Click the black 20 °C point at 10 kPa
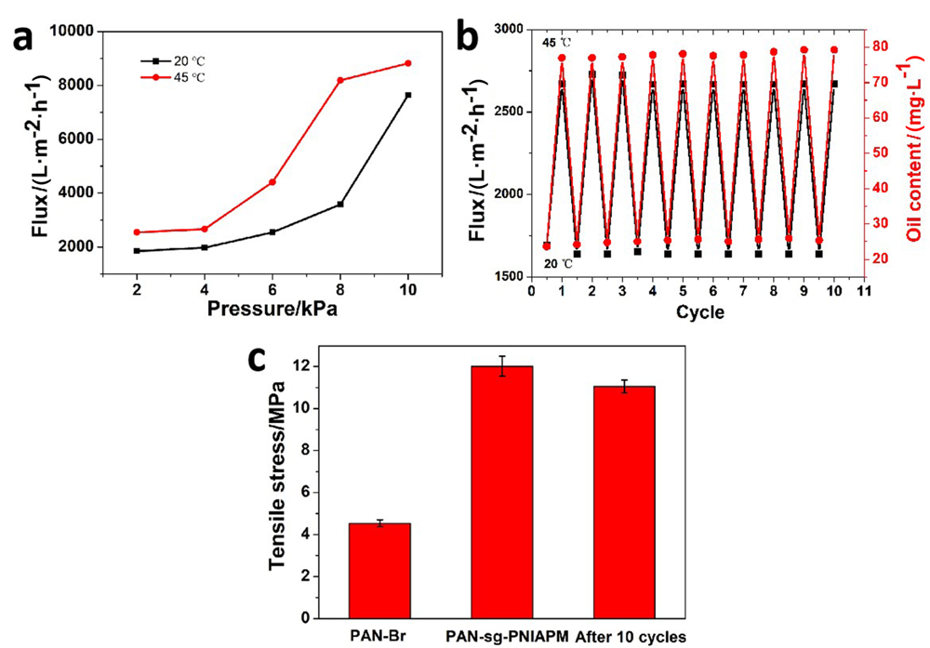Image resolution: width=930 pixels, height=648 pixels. point(407,95)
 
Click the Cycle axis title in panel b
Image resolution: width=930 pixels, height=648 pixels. point(698,312)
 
